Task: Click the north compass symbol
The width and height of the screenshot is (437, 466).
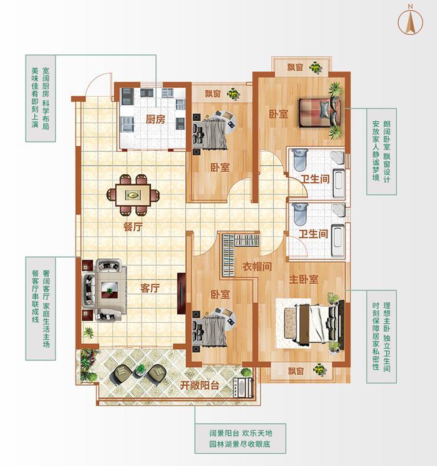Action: click(x=410, y=20)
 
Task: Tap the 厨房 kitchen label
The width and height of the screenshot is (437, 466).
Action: click(x=155, y=119)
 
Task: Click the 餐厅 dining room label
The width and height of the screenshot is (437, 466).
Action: click(x=133, y=227)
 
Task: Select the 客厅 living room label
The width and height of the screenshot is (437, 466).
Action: click(x=150, y=288)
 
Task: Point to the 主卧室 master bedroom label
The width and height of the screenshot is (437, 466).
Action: click(x=304, y=280)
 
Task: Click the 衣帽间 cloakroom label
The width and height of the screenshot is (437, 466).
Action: click(x=257, y=267)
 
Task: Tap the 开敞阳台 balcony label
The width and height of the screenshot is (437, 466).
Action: click(x=200, y=386)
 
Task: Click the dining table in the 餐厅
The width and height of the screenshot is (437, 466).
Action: click(x=133, y=195)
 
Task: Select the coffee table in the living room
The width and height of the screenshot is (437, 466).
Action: click(x=109, y=290)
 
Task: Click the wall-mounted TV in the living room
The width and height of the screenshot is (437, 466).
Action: click(x=181, y=294)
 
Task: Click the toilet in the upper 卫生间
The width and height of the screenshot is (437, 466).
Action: click(x=299, y=160)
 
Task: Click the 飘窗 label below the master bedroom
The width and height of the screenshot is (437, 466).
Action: click(x=296, y=371)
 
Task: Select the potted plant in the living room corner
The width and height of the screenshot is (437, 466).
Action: click(x=88, y=333)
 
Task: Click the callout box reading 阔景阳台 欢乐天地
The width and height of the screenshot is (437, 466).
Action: click(x=240, y=439)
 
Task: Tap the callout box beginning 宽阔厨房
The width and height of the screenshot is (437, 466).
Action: click(x=40, y=98)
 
